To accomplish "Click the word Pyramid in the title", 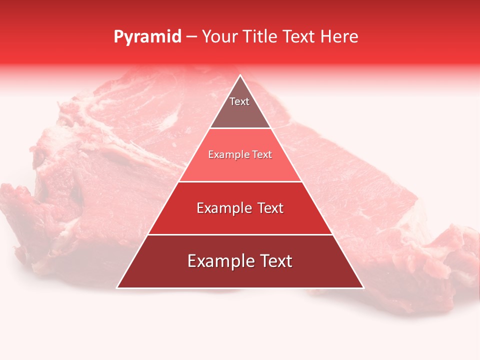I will (147, 37).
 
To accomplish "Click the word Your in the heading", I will (219, 37).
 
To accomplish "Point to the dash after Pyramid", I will (192, 37).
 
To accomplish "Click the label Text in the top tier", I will (239, 101).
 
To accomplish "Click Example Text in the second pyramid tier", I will (240, 154).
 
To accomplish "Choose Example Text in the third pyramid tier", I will (240, 208).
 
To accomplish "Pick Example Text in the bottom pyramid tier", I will (240, 261).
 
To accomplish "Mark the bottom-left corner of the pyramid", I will (117, 287).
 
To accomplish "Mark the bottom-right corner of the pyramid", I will (363, 287).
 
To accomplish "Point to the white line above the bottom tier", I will (240, 234).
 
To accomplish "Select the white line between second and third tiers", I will (240, 181).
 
